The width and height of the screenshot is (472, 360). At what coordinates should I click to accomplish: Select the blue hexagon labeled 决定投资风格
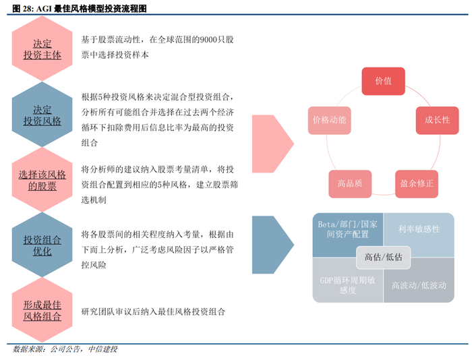42,115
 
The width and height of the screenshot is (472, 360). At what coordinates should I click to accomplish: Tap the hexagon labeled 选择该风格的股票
42,180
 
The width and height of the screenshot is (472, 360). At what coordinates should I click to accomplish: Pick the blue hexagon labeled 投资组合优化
42,245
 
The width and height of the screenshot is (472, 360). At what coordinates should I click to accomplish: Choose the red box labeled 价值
384,81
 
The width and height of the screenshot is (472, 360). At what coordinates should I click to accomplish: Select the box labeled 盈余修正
417,183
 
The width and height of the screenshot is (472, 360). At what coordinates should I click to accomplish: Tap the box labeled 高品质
350,183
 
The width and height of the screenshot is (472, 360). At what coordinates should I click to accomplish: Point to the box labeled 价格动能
329,120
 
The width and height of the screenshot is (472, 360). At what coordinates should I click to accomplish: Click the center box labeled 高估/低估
383,257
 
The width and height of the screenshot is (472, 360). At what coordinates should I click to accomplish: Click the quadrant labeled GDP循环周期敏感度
345,284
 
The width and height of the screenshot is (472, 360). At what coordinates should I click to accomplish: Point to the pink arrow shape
270,143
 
